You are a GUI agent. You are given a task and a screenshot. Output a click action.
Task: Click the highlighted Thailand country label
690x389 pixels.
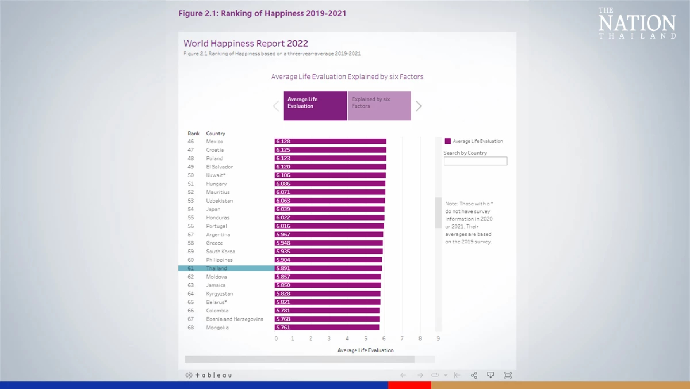point(216,268)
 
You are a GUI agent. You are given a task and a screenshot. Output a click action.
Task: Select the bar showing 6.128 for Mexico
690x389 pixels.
point(330,141)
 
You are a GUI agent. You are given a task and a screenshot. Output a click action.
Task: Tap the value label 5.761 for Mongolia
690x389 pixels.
point(283,327)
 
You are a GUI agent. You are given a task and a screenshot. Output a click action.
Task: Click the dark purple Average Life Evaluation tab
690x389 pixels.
point(315,106)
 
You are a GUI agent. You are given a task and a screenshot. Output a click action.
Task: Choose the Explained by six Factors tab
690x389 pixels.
point(379,106)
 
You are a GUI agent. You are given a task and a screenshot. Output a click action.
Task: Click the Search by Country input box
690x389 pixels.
point(475,161)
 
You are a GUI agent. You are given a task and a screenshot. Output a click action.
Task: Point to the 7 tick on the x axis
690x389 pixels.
point(402,338)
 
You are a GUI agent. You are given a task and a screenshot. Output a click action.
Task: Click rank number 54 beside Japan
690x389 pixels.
point(191,209)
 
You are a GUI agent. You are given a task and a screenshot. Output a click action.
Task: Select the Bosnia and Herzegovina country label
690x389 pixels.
point(235,319)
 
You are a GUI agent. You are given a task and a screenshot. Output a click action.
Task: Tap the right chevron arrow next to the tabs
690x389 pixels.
point(418,106)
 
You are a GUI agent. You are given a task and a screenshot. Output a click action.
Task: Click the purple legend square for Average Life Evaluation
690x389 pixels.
point(448,141)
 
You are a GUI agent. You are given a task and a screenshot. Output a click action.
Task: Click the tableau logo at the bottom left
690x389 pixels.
point(209,375)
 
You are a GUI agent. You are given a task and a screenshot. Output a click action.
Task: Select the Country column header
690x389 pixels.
point(216,133)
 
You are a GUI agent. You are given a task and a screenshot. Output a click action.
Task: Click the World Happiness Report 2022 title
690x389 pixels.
point(246,43)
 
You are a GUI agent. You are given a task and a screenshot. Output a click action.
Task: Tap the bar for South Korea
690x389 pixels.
point(328,251)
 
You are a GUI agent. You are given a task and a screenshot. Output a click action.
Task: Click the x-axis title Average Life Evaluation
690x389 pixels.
point(365,350)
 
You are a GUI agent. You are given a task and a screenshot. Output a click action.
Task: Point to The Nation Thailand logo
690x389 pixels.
point(637,23)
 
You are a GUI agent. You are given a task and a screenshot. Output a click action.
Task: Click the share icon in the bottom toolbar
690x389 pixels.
point(474,375)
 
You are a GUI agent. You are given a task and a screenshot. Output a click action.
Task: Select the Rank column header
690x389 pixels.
point(194,133)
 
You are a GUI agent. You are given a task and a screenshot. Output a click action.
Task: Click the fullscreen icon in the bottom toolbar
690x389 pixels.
point(507,375)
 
